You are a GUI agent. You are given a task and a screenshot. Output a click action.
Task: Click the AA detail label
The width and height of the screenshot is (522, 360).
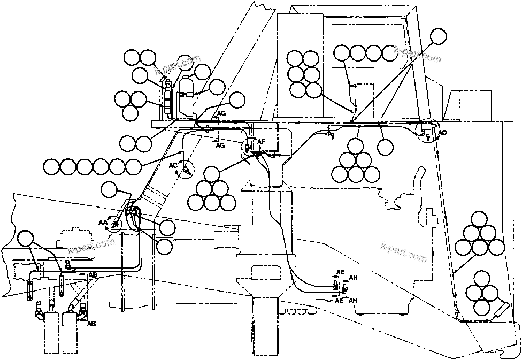[103, 221]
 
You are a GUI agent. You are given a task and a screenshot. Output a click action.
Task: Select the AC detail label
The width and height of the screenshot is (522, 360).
[173, 166]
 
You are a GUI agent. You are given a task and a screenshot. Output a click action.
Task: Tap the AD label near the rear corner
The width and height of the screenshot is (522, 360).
[442, 133]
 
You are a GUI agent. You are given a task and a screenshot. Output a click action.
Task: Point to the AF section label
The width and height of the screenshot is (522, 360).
[262, 142]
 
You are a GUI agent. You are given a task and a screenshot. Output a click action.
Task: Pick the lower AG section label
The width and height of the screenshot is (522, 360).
[221, 145]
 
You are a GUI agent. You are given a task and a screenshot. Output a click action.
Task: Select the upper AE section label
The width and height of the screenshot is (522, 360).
[340, 272]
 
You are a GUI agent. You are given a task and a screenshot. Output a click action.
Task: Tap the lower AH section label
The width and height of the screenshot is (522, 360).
[352, 301]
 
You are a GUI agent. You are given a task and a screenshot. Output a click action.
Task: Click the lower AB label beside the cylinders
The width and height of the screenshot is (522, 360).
[91, 324]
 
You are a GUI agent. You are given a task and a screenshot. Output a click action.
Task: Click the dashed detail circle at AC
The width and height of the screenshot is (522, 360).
[186, 171]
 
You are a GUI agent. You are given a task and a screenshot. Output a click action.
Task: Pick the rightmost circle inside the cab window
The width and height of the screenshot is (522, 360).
[390, 52]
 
